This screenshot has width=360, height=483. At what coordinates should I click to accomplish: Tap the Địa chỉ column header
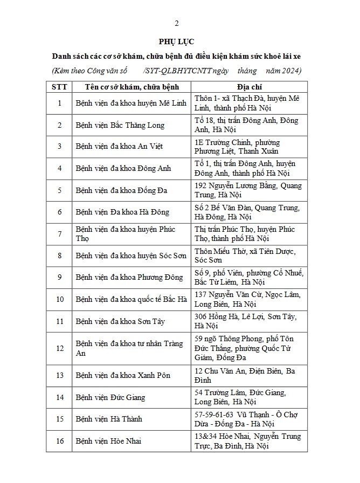[249, 87]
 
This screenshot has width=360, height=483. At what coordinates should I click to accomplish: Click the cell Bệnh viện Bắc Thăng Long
[120, 125]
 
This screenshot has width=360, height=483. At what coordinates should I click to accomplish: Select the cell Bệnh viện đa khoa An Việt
[119, 146]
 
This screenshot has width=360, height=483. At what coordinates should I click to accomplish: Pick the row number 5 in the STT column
[60, 190]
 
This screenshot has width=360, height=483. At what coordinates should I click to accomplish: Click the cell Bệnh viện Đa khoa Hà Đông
[122, 212]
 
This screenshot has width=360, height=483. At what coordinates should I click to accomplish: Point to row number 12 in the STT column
[60, 348]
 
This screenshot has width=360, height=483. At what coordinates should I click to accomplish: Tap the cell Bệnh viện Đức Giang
[110, 397]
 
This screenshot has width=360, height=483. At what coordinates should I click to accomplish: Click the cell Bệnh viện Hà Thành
[109, 419]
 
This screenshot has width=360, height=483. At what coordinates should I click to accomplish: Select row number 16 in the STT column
[60, 441]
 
